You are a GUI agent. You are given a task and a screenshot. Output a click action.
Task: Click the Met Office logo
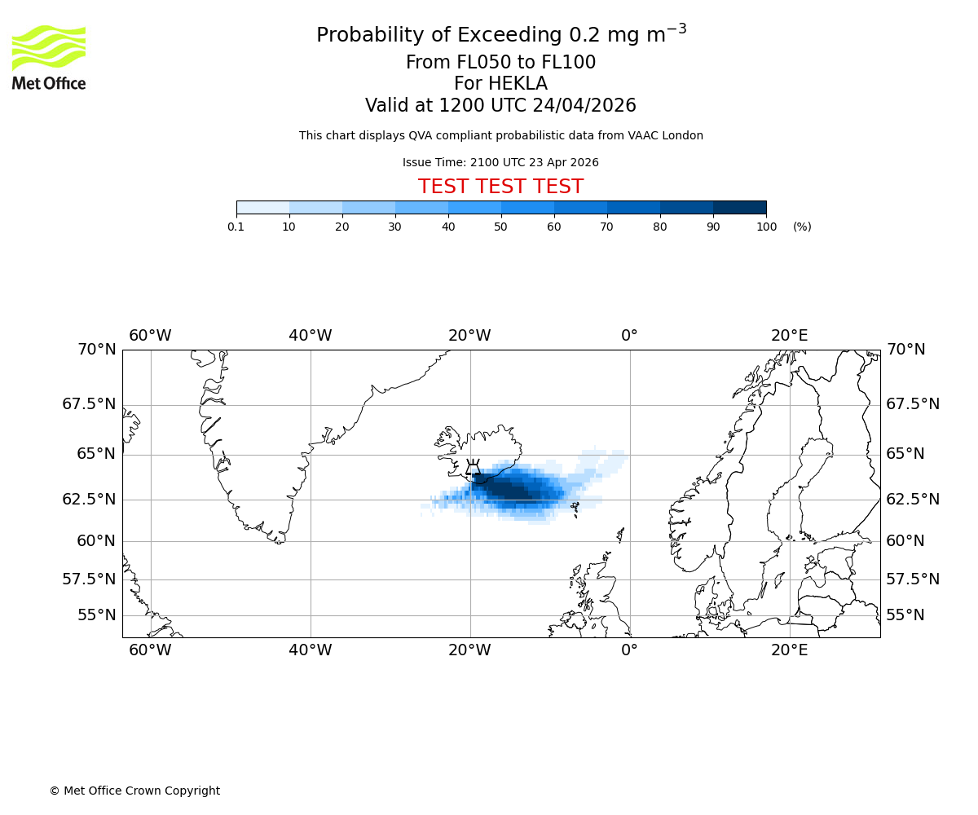click(x=49, y=57)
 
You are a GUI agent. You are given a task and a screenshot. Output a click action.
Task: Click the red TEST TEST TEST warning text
click(x=500, y=187)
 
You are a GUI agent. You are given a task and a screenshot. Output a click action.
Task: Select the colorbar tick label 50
click(x=500, y=227)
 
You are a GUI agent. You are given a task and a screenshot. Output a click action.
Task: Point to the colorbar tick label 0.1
click(x=236, y=227)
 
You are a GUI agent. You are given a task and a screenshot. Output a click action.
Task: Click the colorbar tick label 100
click(x=766, y=227)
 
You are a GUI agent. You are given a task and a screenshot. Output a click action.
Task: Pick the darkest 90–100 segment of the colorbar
click(x=739, y=207)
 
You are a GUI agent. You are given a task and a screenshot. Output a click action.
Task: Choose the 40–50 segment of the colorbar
click(x=474, y=207)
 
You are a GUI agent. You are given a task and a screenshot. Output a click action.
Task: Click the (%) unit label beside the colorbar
click(x=802, y=227)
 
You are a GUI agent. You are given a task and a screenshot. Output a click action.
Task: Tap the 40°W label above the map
click(x=311, y=335)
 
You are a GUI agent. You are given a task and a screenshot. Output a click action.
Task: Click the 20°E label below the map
click(x=790, y=650)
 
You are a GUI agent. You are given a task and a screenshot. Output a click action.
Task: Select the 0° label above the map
click(x=629, y=335)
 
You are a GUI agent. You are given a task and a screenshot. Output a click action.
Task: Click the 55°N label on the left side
click(x=96, y=615)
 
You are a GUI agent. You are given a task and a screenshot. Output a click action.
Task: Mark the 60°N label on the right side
click(x=905, y=541)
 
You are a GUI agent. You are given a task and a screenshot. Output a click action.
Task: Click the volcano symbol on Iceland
click(x=473, y=469)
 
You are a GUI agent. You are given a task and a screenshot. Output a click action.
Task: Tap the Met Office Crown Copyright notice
click(x=134, y=791)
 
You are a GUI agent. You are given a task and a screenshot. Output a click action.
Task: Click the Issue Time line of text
click(x=500, y=162)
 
